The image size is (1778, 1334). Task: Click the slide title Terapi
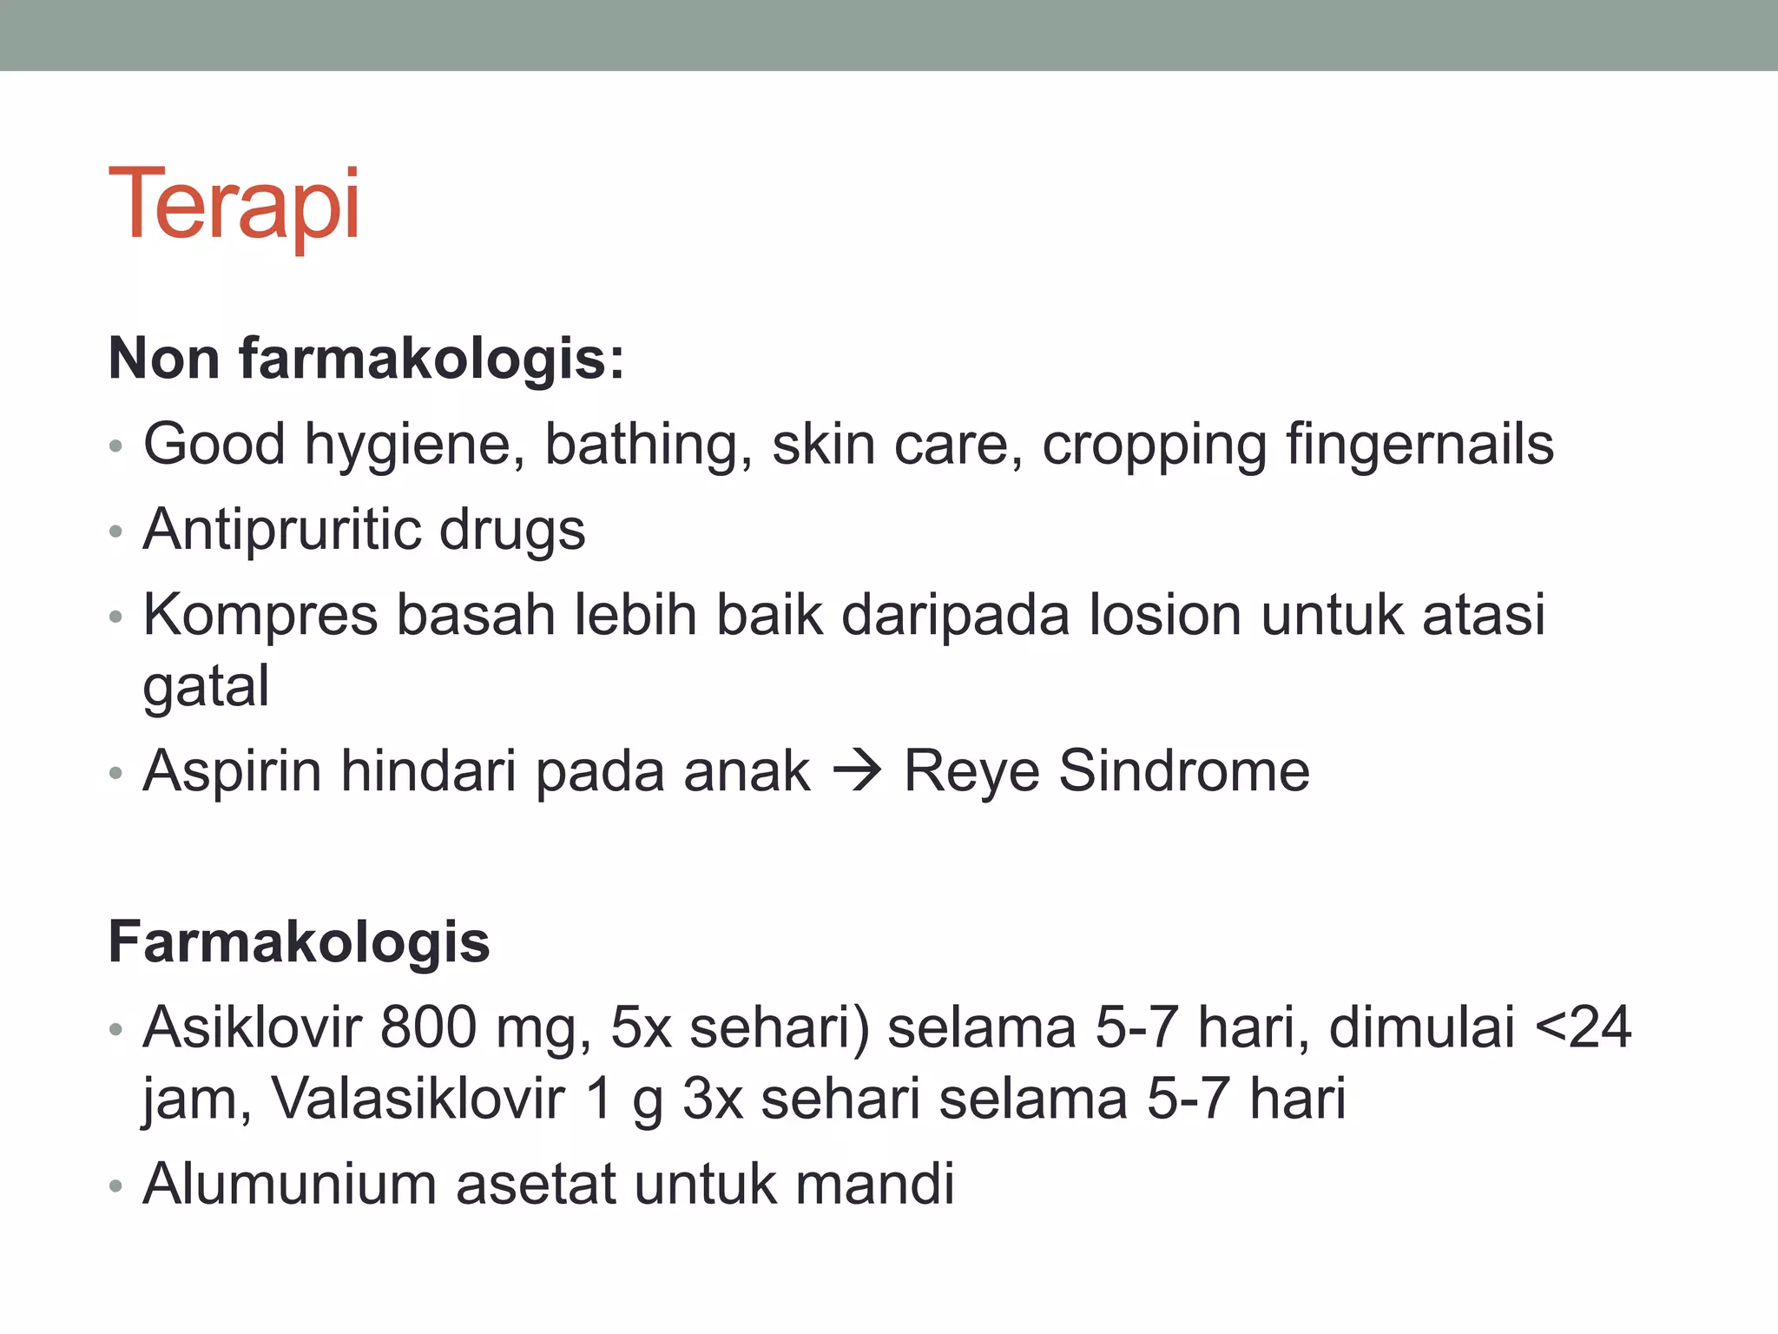point(234,205)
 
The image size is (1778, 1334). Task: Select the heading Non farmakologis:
point(365,358)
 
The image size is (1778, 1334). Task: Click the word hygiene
point(413,446)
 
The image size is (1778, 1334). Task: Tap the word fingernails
point(1419,444)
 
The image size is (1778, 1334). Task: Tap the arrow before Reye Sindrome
point(857,770)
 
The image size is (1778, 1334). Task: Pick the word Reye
point(971,771)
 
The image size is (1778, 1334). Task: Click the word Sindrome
point(1184,770)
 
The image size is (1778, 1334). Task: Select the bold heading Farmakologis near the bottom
point(299,942)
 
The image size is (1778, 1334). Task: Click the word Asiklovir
point(252,1027)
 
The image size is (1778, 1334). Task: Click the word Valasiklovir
point(418,1099)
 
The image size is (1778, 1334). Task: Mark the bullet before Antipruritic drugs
point(116,532)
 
